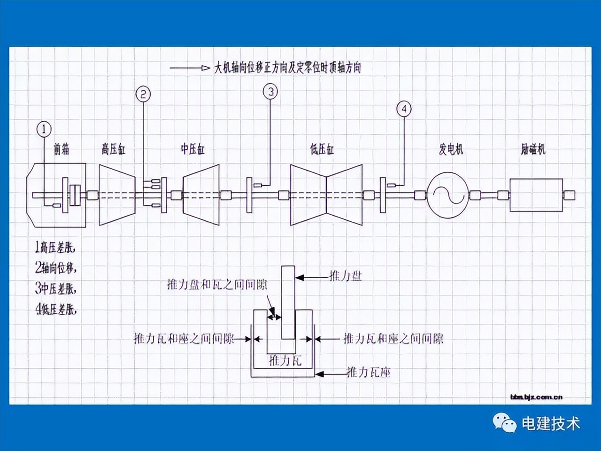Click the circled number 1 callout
44,129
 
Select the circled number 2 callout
143,94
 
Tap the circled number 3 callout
270,91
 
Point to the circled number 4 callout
403,109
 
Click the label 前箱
62,150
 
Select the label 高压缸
114,150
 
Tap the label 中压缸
193,150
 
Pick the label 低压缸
322,150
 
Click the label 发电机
451,150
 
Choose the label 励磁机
533,150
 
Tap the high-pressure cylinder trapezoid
117,194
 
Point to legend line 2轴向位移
55,268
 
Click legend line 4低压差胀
55,310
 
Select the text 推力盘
346,277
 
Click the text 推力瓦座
369,373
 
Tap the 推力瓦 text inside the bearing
285,361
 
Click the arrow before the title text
190,68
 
